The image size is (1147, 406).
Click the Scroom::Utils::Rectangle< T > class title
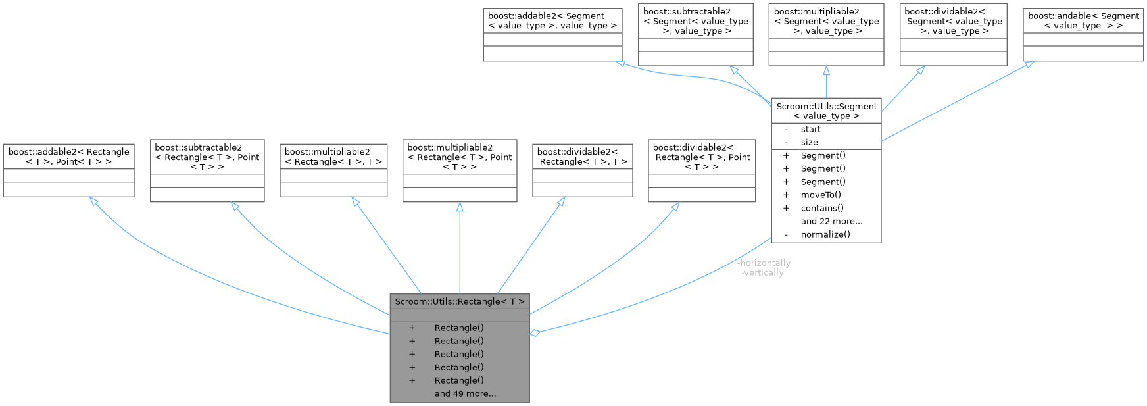[459, 301]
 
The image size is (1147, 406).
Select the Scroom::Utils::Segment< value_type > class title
[826, 111]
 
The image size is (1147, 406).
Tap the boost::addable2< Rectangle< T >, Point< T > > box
[68, 156]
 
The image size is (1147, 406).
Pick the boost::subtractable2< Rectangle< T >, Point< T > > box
[207, 157]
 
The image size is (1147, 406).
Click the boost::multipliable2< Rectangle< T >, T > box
[333, 156]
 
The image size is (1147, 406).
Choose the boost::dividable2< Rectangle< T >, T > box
[582, 156]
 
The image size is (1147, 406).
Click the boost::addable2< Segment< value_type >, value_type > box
[552, 20]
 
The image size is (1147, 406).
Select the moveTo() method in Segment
[821, 195]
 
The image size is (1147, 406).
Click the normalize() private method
[825, 234]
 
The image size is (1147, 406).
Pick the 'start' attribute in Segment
[810, 129]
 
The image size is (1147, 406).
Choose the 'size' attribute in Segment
[809, 142]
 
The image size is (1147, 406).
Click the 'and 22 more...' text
[831, 221]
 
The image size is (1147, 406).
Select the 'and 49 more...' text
[465, 393]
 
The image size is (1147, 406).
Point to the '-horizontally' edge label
[764, 263]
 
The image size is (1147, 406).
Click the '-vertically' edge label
[762, 272]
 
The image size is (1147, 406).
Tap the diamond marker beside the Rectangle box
[535, 333]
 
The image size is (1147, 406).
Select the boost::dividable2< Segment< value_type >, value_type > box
[953, 26]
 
